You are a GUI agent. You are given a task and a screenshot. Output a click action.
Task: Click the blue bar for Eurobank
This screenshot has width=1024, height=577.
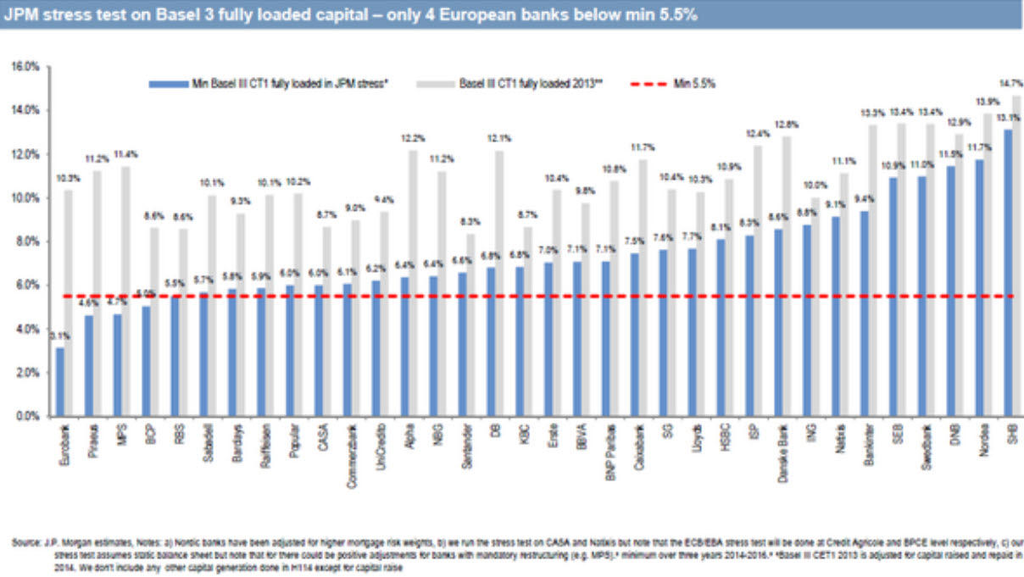pyautogui.click(x=59, y=382)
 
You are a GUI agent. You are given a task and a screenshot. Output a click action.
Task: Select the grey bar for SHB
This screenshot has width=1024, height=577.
pyautogui.click(x=1016, y=254)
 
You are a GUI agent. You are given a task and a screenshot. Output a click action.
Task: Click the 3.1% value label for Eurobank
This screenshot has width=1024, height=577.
pyautogui.click(x=58, y=336)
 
